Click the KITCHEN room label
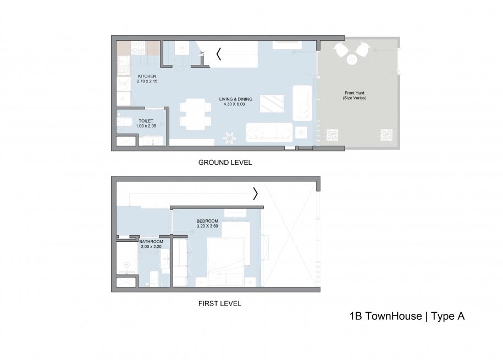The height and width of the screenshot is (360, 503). pyautogui.click(x=147, y=76)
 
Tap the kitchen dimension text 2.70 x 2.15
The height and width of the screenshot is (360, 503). pyautogui.click(x=147, y=81)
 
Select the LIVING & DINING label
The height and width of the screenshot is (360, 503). pyautogui.click(x=236, y=99)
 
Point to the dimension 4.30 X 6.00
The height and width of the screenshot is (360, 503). pyautogui.click(x=236, y=104)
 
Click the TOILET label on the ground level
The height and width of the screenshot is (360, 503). pyautogui.click(x=146, y=120)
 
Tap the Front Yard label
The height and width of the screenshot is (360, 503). pyautogui.click(x=354, y=93)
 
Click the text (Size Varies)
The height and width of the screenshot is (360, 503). pyautogui.click(x=354, y=98)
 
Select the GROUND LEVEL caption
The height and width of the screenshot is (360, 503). pyautogui.click(x=225, y=163)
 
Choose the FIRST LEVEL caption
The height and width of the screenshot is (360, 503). pyautogui.click(x=219, y=303)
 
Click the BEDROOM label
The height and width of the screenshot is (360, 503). pyautogui.click(x=207, y=221)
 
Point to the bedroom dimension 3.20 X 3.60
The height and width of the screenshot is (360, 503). pyautogui.click(x=207, y=226)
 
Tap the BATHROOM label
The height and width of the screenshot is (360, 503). pyautogui.click(x=151, y=242)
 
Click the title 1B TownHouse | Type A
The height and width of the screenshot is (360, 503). pyautogui.click(x=407, y=316)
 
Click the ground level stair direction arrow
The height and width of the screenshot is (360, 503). pyautogui.click(x=219, y=54)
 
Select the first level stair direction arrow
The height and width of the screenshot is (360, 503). pyautogui.click(x=256, y=193)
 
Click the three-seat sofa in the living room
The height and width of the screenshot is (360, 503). pyautogui.click(x=269, y=132)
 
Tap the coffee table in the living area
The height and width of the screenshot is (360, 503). pyautogui.click(x=272, y=103)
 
